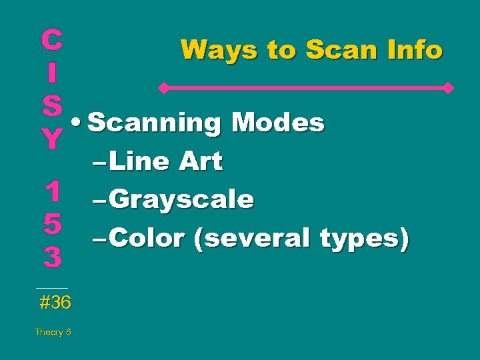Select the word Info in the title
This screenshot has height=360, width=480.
pyautogui.click(x=415, y=49)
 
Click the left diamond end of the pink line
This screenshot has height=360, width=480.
pyautogui.click(x=161, y=87)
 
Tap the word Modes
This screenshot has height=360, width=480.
pyautogui.click(x=277, y=123)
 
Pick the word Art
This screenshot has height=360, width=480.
pyautogui.click(x=199, y=161)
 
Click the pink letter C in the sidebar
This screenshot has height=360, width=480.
pyautogui.click(x=51, y=41)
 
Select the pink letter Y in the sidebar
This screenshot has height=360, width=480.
pyautogui.click(x=51, y=139)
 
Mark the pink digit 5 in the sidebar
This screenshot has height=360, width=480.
pyautogui.click(x=51, y=225)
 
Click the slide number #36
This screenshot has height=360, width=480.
pyautogui.click(x=55, y=303)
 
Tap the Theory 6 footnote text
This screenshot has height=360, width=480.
pyautogui.click(x=53, y=332)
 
